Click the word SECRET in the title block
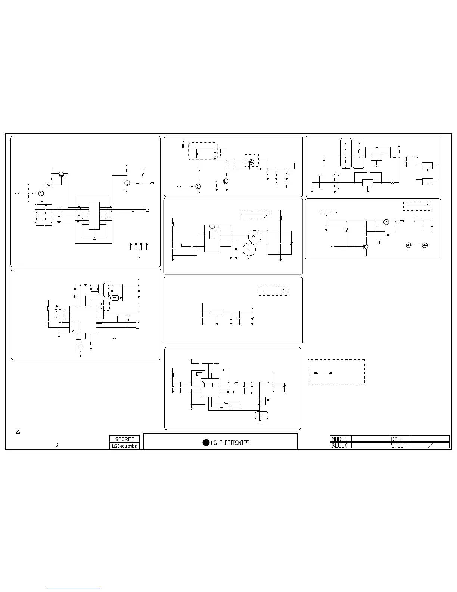click(x=125, y=439)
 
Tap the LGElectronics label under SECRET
click(x=125, y=446)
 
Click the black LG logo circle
click(x=206, y=443)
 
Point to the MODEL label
click(x=339, y=439)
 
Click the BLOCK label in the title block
click(x=339, y=445)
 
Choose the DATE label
click(x=397, y=439)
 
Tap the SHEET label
click(x=399, y=445)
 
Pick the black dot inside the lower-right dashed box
click(x=331, y=373)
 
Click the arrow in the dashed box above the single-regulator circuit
click(x=274, y=291)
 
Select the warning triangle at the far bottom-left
click(x=18, y=432)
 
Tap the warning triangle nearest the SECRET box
click(x=58, y=445)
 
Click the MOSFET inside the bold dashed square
click(x=251, y=162)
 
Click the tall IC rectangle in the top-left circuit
click(x=94, y=216)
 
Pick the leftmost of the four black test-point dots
click(x=131, y=244)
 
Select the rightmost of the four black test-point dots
click(x=147, y=244)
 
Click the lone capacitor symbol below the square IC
click(x=115, y=338)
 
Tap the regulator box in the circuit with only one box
click(x=217, y=312)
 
